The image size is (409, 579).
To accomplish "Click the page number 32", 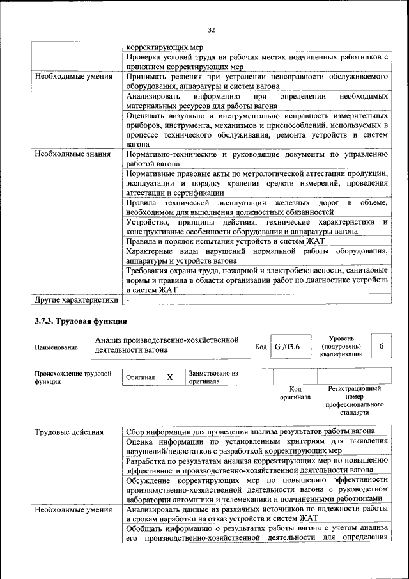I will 212,28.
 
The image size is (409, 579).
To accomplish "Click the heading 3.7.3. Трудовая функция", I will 81,320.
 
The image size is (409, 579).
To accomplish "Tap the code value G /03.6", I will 287,346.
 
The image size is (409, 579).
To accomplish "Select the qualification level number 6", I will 382,346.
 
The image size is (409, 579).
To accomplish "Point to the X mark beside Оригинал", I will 170,377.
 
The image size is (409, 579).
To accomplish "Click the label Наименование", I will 57,347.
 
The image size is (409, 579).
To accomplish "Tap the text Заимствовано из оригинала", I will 213,377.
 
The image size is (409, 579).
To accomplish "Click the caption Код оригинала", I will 295,392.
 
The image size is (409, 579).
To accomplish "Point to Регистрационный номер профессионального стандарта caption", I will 354,401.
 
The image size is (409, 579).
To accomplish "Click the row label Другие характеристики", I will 76,299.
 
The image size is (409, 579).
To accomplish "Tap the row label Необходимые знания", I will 72,154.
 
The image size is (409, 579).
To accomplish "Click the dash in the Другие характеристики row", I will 128,299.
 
